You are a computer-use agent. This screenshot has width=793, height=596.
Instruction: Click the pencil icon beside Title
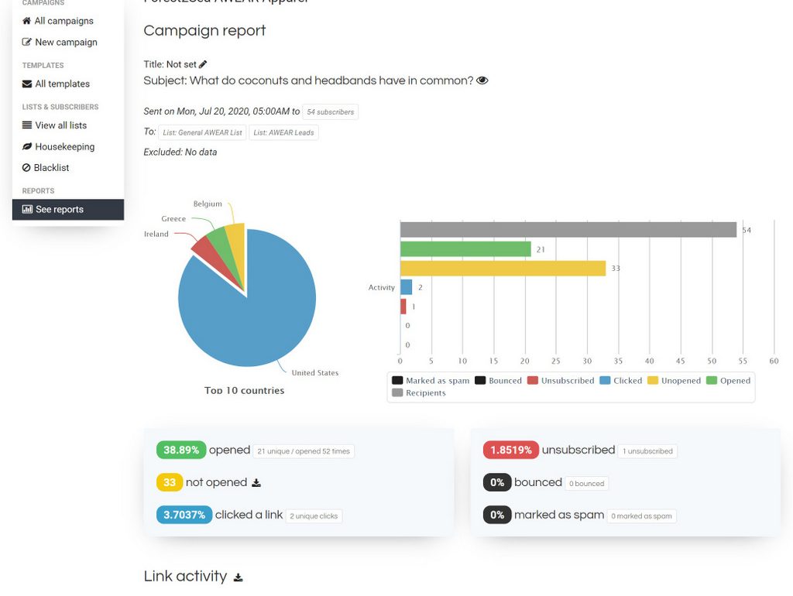[204, 64]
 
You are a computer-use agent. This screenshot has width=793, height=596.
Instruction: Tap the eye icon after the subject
[482, 80]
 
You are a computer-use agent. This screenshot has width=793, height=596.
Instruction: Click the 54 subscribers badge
[330, 112]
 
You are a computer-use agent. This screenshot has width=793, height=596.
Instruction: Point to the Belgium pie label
[208, 204]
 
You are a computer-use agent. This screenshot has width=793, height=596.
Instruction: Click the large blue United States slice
[248, 310]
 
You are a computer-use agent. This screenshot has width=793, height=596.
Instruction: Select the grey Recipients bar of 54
[568, 230]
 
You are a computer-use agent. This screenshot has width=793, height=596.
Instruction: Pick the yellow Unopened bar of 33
[503, 268]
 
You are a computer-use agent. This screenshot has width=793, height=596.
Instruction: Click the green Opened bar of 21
[465, 249]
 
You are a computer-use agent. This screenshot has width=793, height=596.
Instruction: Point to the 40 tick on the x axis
[649, 361]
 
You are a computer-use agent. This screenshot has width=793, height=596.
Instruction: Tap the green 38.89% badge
[181, 450]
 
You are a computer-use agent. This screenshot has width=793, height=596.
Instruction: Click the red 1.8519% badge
[510, 450]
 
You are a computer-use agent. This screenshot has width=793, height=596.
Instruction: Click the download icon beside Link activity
[239, 577]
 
